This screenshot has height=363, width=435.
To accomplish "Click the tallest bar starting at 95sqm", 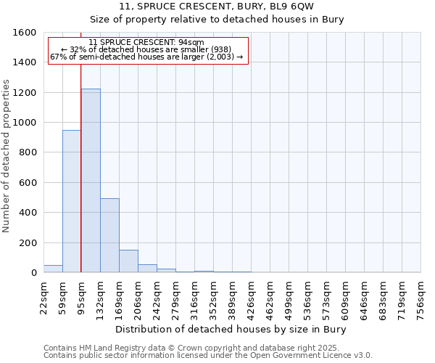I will click(91, 181).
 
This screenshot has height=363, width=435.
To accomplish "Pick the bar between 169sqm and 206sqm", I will click(128, 261).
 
